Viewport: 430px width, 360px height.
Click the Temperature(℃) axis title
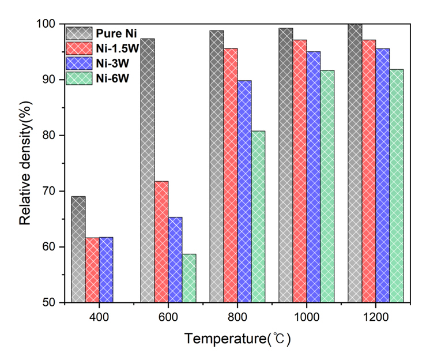point(237,339)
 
